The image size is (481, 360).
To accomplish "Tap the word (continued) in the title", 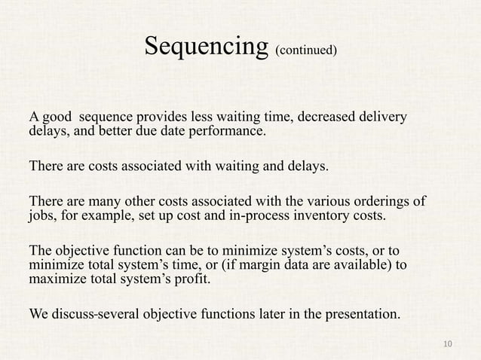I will point(305,51).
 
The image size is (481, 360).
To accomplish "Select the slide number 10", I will point(449,344).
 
